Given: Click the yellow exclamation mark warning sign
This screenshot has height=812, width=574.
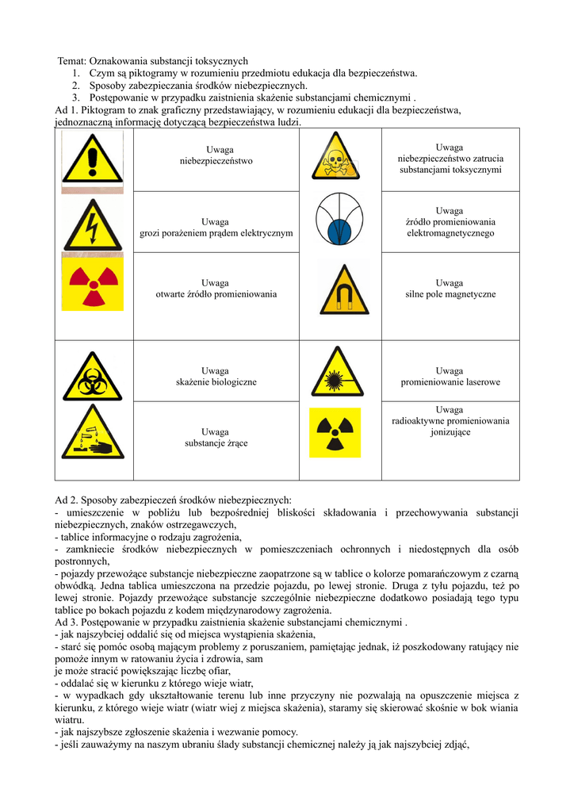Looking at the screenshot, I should [x=93, y=159].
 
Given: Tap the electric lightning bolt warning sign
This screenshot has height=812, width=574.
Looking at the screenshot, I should [x=93, y=224].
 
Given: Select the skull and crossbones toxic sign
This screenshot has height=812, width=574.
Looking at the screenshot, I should [x=336, y=156].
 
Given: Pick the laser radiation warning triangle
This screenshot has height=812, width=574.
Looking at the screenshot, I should [x=337, y=372].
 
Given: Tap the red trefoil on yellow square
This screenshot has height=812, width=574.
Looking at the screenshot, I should [x=93, y=282].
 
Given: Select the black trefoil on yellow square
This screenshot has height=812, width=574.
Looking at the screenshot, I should [x=335, y=432].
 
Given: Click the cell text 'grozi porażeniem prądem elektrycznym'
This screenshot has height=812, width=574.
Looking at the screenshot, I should [x=216, y=233].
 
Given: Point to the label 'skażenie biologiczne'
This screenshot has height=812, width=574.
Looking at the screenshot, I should [x=216, y=382].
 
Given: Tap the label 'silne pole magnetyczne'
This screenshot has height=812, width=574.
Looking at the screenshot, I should [x=450, y=294].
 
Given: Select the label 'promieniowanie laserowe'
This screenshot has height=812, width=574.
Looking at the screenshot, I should [x=450, y=382].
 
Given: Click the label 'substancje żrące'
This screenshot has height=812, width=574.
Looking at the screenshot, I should [x=216, y=443].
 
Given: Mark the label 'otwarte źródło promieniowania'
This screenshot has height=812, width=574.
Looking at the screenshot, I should [x=216, y=294].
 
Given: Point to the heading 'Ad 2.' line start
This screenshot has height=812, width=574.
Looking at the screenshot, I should [x=67, y=500].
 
